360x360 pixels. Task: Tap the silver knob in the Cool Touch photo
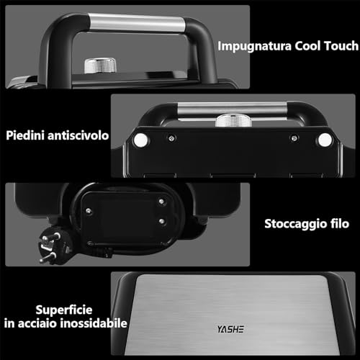click(95, 66)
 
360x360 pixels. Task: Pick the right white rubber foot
click(324, 139)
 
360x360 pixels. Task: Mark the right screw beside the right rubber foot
click(294, 138)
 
